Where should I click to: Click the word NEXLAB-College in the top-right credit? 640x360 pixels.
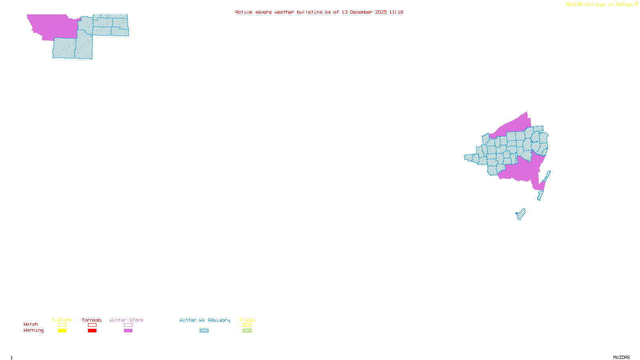tap(586, 5)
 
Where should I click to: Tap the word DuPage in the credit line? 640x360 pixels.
tap(624, 5)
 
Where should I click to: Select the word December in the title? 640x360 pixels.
tap(361, 12)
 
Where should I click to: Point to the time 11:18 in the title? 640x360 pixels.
tap(396, 12)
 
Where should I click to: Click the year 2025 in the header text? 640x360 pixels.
tap(381, 12)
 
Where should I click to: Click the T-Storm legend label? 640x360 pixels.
tap(62, 320)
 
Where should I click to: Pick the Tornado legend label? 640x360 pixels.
tap(92, 320)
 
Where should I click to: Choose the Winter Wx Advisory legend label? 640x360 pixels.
tap(205, 320)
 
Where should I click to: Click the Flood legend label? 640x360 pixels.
tap(247, 320)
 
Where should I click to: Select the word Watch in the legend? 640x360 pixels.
tap(31, 324)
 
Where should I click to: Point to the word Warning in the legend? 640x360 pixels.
tap(34, 330)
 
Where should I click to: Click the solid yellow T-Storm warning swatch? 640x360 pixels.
tap(62, 331)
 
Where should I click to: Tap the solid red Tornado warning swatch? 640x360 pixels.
tap(92, 331)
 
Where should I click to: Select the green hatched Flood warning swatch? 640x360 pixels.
tap(247, 331)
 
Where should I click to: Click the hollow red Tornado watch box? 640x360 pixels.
tap(92, 325)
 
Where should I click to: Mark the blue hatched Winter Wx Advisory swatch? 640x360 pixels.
tap(204, 331)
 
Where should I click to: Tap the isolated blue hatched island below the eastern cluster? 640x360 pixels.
tap(521, 214)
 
